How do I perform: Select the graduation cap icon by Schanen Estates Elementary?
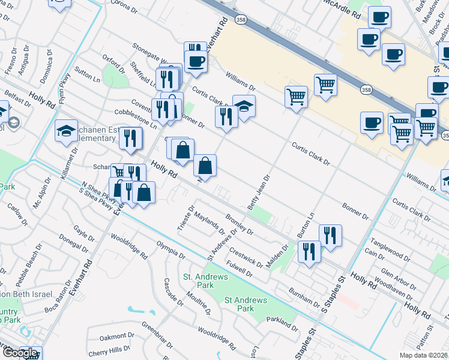[66, 131]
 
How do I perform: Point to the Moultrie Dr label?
[198, 303]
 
